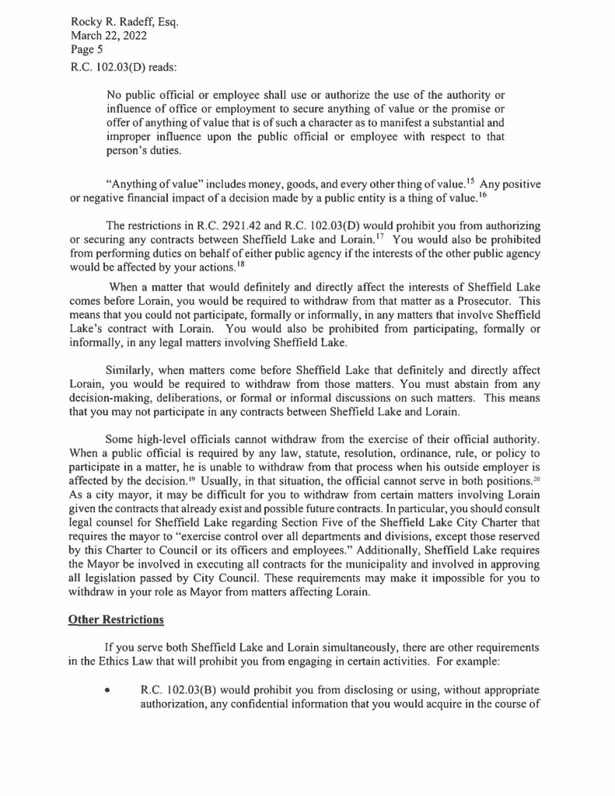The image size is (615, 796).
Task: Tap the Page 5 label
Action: coord(82,49)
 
